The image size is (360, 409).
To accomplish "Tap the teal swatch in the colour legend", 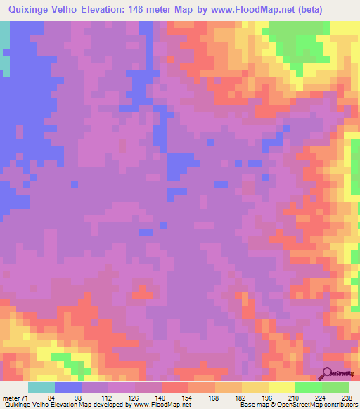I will [41, 387].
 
